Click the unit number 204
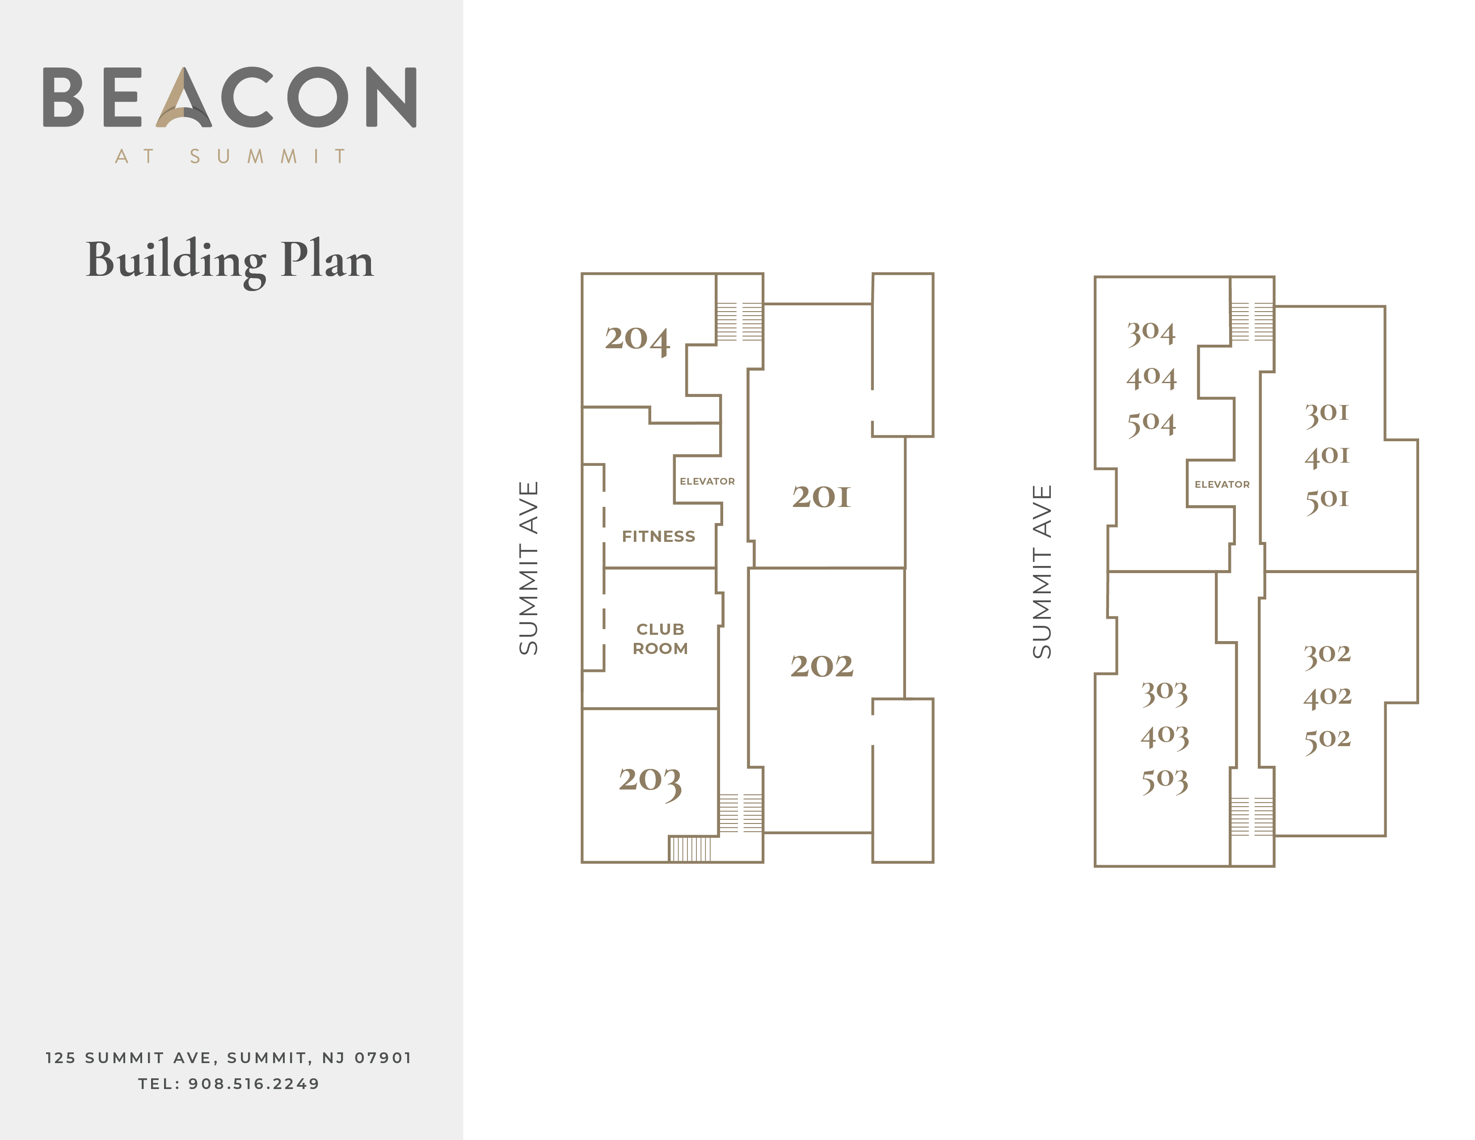pyautogui.click(x=637, y=339)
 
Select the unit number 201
pyautogui.click(x=821, y=497)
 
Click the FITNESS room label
pyautogui.click(x=658, y=537)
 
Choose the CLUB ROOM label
pyautogui.click(x=660, y=639)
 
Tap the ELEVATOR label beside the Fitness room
pyautogui.click(x=707, y=481)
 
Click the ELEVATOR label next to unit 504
pyautogui.click(x=1222, y=485)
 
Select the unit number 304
pyautogui.click(x=1151, y=333)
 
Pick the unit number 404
pyautogui.click(x=1151, y=377)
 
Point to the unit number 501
pyautogui.click(x=1327, y=500)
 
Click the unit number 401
pyautogui.click(x=1327, y=456)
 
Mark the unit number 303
pyautogui.click(x=1164, y=693)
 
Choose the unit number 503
pyautogui.click(x=1164, y=781)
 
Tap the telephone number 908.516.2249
pyautogui.click(x=254, y=1084)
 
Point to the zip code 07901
pyautogui.click(x=383, y=1058)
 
